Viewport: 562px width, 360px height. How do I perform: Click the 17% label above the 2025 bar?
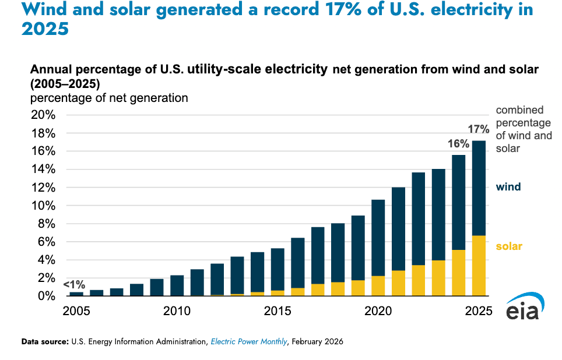pos(477,129)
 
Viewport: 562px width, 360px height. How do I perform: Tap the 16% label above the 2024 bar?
pos(458,143)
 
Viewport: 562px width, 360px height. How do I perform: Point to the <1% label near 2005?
pos(74,285)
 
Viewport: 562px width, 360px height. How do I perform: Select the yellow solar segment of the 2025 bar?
pos(479,266)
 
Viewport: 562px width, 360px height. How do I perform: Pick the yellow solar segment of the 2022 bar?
pos(418,280)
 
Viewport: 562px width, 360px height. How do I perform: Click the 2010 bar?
pos(177,285)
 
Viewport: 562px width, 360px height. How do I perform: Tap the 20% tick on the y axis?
pos(43,115)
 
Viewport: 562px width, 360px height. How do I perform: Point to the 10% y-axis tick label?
pos(43,206)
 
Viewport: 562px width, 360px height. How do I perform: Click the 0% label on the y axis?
pos(46,296)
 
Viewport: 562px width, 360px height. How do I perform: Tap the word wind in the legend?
pos(508,187)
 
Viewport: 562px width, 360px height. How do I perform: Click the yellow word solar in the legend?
pos(509,246)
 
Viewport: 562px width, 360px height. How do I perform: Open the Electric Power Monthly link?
pos(249,342)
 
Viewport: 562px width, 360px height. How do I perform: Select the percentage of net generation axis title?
pos(109,98)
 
